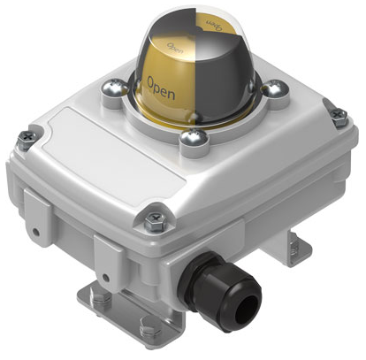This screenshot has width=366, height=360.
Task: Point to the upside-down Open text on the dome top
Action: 214,19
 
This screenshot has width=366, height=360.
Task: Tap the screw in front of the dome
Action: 193,138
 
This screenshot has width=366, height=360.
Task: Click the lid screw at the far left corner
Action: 26,137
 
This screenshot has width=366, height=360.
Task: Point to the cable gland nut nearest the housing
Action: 201,264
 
